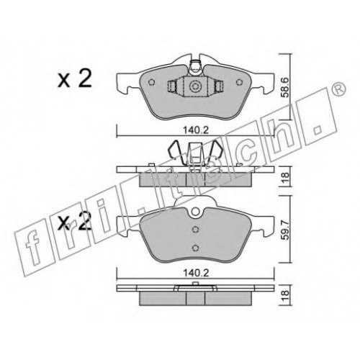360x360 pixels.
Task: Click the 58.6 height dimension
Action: pos(285,87)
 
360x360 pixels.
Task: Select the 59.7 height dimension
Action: pos(285,230)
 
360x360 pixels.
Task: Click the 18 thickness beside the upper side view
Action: pos(285,177)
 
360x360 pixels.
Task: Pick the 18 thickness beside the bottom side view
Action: pos(285,295)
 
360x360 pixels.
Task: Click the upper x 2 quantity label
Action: pos(75,78)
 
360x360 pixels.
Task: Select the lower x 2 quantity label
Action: pos(75,221)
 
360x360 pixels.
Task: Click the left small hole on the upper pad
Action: pos(151,82)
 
